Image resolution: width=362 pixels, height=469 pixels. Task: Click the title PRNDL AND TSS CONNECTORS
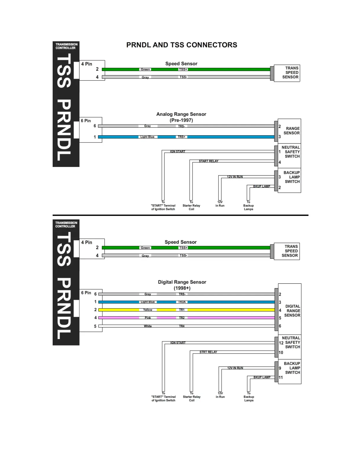tap(182, 45)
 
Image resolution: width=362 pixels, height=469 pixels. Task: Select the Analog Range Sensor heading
tap(181, 114)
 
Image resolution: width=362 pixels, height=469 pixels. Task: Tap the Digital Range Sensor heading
tap(182, 282)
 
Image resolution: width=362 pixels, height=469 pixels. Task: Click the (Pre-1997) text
tap(181, 120)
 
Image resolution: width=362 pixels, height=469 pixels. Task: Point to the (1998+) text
tap(182, 288)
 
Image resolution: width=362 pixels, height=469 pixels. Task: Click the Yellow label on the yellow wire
tap(148, 310)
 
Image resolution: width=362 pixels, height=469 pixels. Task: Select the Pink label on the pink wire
tap(148, 318)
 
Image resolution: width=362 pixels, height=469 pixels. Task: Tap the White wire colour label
tap(148, 326)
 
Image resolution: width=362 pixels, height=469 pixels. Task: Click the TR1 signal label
tap(182, 310)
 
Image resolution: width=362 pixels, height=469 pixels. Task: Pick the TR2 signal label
tap(182, 318)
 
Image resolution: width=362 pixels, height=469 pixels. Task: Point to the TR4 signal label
tap(182, 326)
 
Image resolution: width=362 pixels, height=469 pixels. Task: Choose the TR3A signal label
tap(182, 302)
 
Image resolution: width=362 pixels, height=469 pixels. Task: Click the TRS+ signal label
tap(181, 137)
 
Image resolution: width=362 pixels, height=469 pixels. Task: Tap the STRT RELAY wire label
tap(208, 352)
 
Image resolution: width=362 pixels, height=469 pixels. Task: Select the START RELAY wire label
tap(209, 161)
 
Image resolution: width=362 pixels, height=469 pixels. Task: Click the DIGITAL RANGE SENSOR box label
tap(292, 311)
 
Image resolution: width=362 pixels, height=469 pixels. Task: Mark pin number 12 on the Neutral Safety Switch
tap(281, 343)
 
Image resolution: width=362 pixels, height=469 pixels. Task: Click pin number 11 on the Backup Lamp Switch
tap(281, 378)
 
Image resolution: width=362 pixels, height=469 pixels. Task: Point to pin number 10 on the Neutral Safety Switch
tap(281, 353)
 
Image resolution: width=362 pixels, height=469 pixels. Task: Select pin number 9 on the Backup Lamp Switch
tap(280, 368)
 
